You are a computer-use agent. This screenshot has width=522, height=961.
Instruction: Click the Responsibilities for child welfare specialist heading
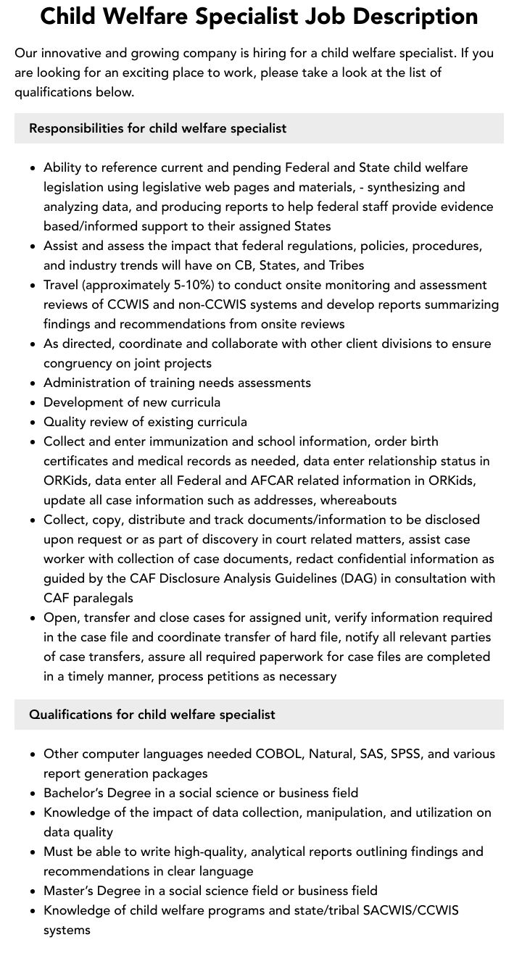pos(157,128)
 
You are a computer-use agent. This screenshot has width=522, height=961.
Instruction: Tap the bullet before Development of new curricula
pos(33,402)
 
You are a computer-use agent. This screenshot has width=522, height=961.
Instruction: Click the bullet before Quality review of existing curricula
pos(33,422)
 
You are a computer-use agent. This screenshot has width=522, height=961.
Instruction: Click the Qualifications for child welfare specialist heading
pos(152,715)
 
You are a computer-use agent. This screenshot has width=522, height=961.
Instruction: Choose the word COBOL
pos(278,754)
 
